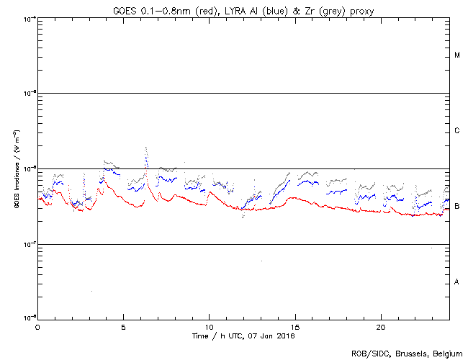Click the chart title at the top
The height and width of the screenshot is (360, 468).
(243, 10)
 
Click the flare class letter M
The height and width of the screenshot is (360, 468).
(457, 55)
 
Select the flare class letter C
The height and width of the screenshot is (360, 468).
(457, 131)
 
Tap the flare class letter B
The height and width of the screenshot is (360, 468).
(457, 207)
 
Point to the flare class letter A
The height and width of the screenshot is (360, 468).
(457, 282)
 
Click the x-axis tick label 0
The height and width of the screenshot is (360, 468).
(37, 327)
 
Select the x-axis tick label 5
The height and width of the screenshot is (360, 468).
(123, 327)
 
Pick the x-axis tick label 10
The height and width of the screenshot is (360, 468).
(209, 327)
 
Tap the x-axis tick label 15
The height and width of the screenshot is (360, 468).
(294, 327)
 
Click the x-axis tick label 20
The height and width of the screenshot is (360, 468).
(380, 327)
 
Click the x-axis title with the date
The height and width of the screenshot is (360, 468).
(243, 336)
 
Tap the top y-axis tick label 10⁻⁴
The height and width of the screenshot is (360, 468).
(29, 19)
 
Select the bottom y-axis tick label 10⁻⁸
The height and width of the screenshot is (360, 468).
(29, 318)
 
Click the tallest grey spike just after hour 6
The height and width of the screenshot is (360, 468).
(146, 148)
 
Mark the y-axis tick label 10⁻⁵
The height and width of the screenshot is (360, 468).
(29, 94)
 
